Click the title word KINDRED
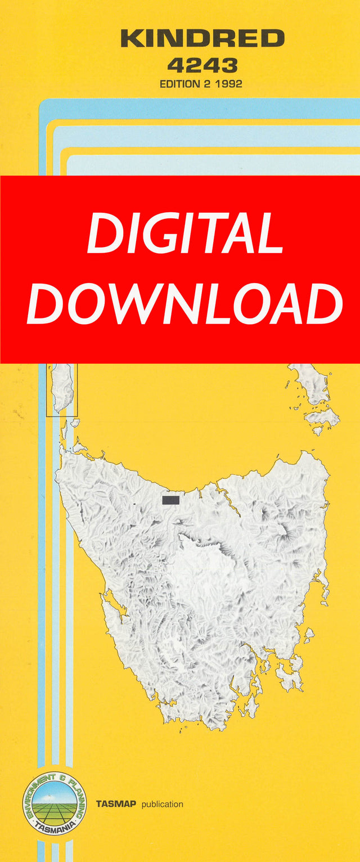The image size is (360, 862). [x=202, y=39]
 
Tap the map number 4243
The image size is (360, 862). [x=202, y=66]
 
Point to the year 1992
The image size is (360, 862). [x=227, y=84]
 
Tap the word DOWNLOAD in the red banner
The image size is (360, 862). [x=184, y=304]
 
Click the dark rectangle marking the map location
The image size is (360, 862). [x=170, y=500]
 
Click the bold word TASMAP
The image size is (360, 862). [x=116, y=804]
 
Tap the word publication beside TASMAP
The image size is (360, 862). [x=162, y=804]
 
